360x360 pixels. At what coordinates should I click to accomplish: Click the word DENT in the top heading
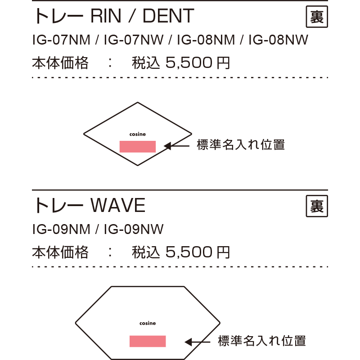[168, 16]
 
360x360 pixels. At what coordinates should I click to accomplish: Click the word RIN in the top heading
[106, 16]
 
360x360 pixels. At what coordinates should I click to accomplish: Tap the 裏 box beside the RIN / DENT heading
[317, 17]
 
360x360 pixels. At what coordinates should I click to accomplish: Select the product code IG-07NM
[61, 40]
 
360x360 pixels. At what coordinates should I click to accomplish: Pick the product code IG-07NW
[134, 40]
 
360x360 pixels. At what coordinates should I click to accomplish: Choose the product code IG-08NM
[206, 40]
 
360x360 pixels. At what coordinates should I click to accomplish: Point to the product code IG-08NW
[278, 40]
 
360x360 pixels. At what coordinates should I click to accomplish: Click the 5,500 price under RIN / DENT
[189, 63]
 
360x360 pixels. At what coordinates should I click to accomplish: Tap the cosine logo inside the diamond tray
[138, 134]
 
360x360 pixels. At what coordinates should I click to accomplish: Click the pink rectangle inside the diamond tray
[138, 147]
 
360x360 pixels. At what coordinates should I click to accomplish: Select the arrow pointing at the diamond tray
[176, 146]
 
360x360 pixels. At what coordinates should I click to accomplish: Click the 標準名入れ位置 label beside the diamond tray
[241, 145]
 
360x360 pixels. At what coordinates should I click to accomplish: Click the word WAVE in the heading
[118, 205]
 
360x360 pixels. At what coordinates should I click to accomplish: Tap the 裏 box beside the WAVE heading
[317, 206]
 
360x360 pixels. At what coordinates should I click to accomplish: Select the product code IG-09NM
[61, 229]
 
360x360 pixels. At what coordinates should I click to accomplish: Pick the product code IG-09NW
[134, 229]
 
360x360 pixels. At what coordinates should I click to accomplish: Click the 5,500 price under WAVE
[189, 252]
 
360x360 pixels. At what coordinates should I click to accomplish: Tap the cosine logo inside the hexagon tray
[148, 323]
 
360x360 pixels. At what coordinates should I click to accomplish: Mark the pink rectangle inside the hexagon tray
[148, 341]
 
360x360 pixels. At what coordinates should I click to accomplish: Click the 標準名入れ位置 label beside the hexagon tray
[262, 341]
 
